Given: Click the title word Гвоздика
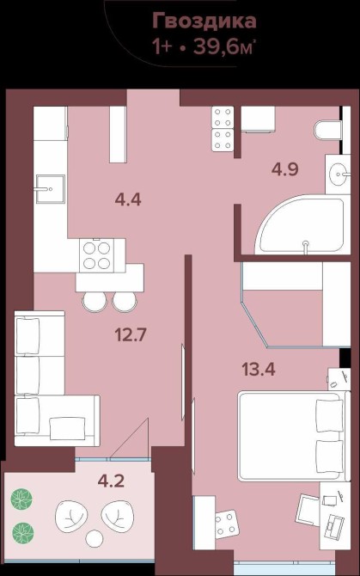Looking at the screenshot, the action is (204, 21).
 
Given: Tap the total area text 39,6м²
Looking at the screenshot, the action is (223, 46).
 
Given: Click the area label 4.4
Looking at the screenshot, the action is (128, 199).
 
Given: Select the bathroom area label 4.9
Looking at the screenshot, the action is (284, 169).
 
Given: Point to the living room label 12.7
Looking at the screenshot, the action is (131, 334).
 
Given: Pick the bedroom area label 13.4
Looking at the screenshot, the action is (259, 369).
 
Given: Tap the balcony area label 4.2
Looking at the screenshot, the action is (111, 481).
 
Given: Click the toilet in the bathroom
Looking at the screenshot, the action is (328, 130).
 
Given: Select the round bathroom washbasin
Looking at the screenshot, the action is (339, 175).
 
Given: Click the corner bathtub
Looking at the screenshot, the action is (302, 225).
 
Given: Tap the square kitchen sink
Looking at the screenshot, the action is (51, 189).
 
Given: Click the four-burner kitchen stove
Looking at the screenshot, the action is (97, 255).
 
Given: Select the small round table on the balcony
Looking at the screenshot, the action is (95, 538).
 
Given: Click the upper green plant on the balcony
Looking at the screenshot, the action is (21, 499).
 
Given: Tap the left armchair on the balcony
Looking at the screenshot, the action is (71, 515).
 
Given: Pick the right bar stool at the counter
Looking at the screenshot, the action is (125, 301).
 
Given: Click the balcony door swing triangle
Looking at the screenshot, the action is (130, 438).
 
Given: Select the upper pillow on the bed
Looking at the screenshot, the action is (329, 415).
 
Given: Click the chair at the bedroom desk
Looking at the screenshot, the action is (307, 509).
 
